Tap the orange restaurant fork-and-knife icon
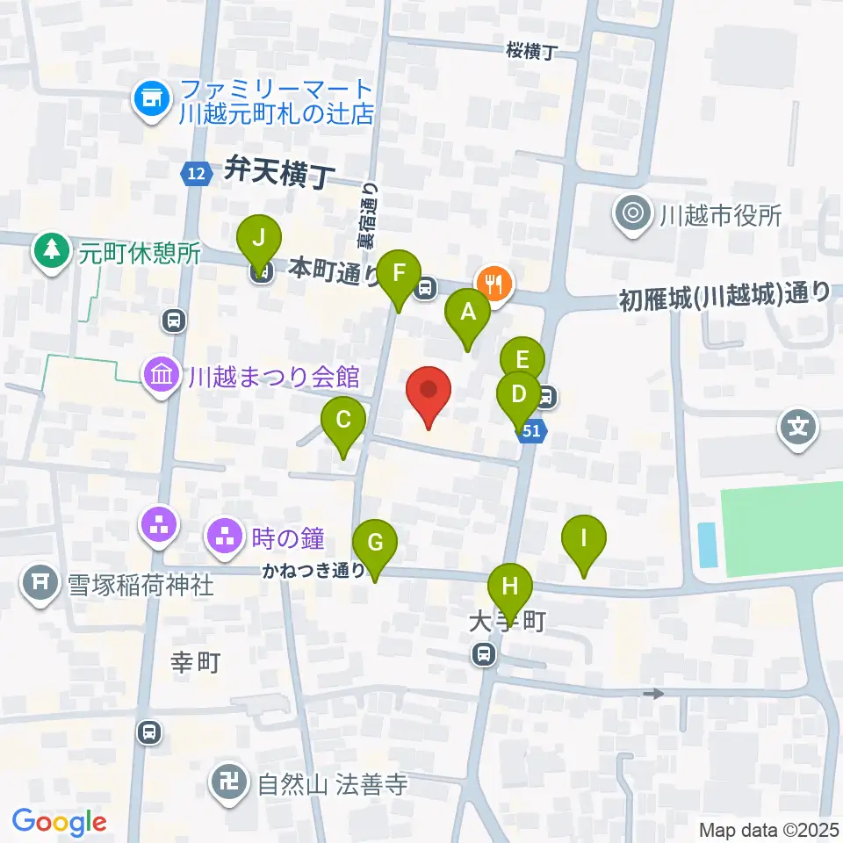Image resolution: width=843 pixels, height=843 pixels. (494, 284)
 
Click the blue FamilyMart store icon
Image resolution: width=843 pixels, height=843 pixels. (151, 100)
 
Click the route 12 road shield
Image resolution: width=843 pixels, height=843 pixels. (197, 174)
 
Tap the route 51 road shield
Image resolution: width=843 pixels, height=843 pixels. (532, 431)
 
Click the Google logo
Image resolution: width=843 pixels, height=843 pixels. (60, 822)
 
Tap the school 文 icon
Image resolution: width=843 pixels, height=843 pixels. (798, 429)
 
